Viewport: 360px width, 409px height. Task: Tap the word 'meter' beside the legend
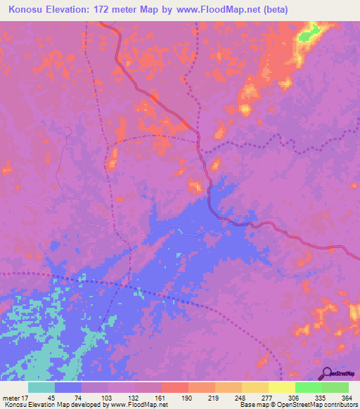11,398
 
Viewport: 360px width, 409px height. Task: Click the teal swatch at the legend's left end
41,387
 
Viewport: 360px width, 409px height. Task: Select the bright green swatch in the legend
308,387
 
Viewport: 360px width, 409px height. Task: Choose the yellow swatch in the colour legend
281,387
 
